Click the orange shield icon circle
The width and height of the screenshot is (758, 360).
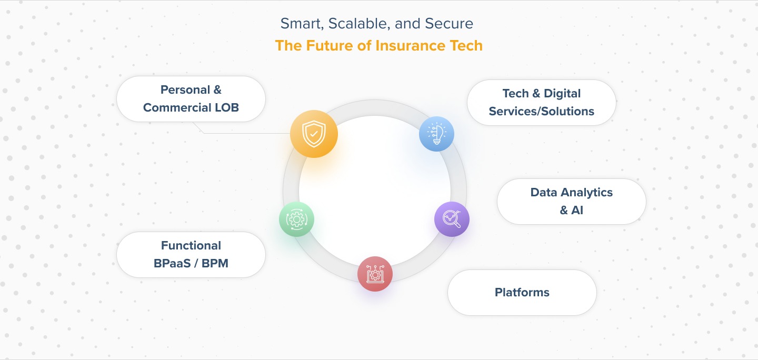tap(314, 134)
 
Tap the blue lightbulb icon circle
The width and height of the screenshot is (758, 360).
tap(436, 134)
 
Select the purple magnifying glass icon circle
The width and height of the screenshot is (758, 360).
tap(452, 219)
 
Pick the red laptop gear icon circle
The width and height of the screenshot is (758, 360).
tap(375, 274)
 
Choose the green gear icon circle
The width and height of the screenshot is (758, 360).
tap(296, 219)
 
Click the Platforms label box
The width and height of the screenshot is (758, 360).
tap(522, 293)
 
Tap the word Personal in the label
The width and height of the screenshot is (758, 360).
tap(185, 89)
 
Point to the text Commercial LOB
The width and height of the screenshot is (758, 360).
tap(191, 107)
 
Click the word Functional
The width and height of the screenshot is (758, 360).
tap(191, 245)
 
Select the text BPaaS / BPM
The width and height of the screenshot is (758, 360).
tap(191, 263)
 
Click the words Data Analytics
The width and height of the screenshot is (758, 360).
tap(572, 193)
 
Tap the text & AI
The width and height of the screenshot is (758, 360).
tap(572, 210)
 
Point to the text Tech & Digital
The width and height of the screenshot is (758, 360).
tap(542, 93)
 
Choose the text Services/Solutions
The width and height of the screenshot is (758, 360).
tap(542, 112)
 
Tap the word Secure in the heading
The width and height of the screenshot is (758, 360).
tap(449, 24)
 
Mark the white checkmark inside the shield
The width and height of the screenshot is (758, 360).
tap(314, 134)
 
